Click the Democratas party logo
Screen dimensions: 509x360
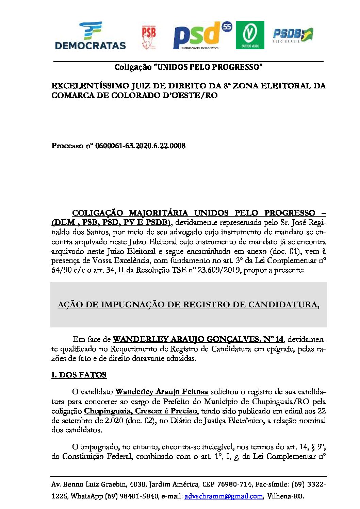click(x=90, y=36)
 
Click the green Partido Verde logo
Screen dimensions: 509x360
click(x=250, y=35)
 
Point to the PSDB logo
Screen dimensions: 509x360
click(x=293, y=35)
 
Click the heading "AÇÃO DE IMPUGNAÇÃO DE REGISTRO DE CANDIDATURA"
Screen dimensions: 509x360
click(x=188, y=305)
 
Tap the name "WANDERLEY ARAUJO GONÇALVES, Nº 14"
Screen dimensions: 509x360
click(x=198, y=339)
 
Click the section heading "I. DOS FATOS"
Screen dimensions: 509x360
click(x=79, y=375)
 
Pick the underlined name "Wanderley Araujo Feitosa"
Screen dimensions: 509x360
click(x=162, y=392)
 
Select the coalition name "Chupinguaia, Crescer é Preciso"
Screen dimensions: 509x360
click(x=141, y=411)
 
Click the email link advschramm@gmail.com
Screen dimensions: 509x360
click(x=224, y=496)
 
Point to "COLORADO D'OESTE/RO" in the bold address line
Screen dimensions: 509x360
click(x=164, y=95)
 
